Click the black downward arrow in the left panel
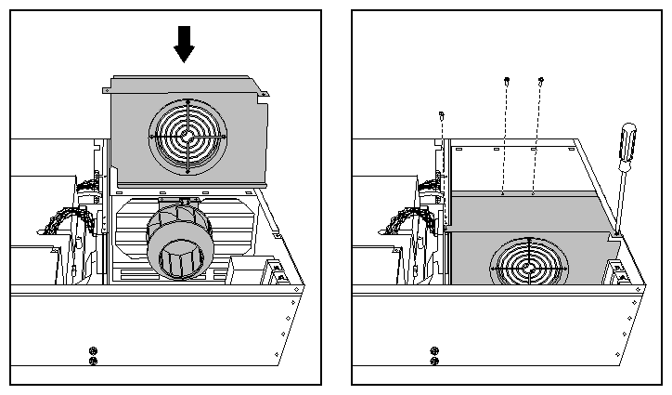pyautogui.click(x=185, y=43)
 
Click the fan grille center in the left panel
pyautogui.click(x=187, y=136)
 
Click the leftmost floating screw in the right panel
pyautogui.click(x=443, y=116)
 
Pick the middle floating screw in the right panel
pyautogui.click(x=506, y=81)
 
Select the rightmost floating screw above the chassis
pyautogui.click(x=541, y=81)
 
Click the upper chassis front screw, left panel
pyautogui.click(x=92, y=350)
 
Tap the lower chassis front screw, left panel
pyautogui.click(x=92, y=361)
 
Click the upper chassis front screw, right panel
pyautogui.click(x=433, y=350)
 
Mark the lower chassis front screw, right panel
pyautogui.click(x=433, y=361)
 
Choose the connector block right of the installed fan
pyautogui.click(x=618, y=272)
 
